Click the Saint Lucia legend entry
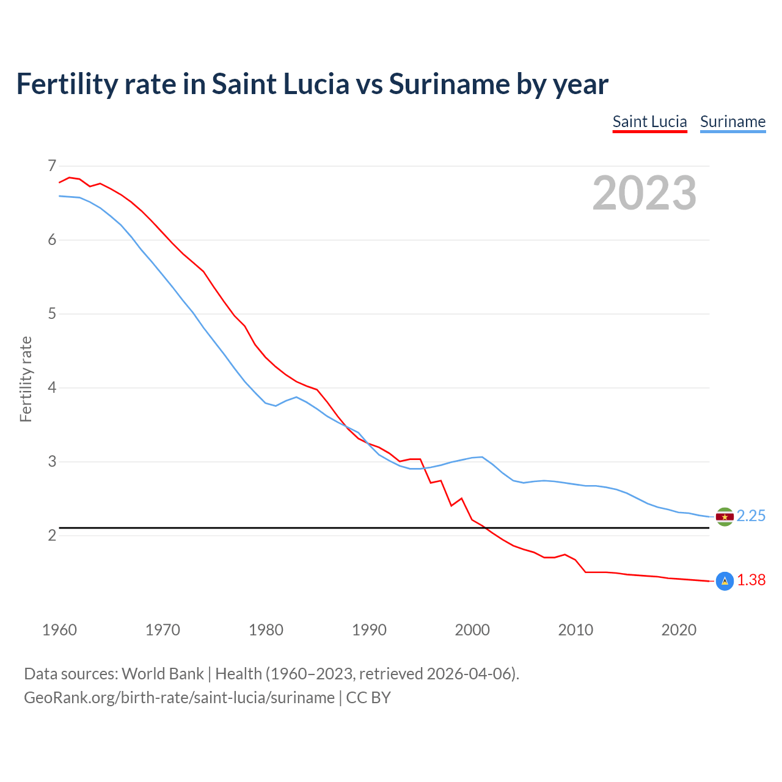point(649,122)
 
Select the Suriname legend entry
point(733,122)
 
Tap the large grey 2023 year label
point(644,193)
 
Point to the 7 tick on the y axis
point(52,166)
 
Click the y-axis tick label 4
point(52,387)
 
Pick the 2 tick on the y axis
point(52,535)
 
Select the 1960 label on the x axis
point(59,630)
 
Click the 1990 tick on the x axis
point(369,630)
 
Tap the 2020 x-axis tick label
point(679,630)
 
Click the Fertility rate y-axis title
point(26,379)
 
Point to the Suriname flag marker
point(725,517)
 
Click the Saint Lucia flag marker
point(725,581)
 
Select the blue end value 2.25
point(751,516)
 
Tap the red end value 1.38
point(751,580)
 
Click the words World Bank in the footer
point(163,674)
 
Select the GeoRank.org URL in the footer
point(179,698)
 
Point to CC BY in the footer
point(368,698)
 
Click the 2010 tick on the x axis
point(576,630)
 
